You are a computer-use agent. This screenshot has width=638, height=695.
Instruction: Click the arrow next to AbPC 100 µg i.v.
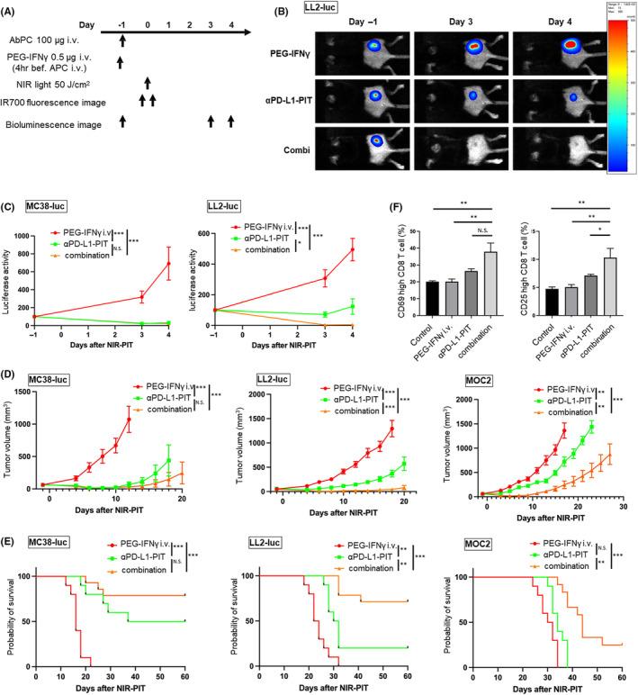tap(122, 39)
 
